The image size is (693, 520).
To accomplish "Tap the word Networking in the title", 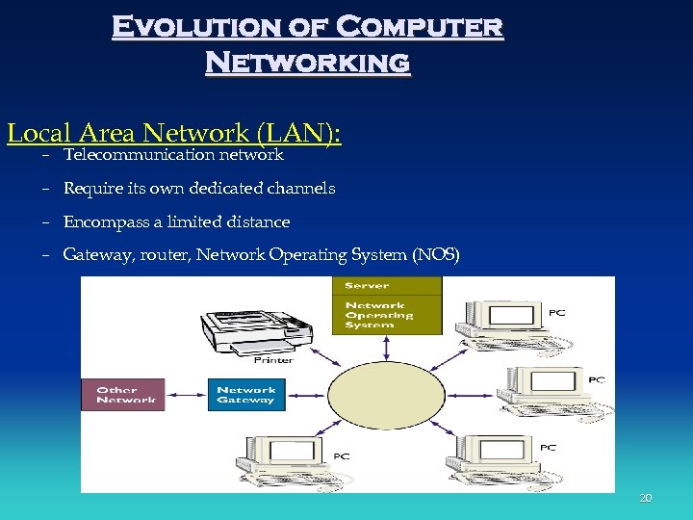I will (307, 63).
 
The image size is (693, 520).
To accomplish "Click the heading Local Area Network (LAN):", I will (173, 133).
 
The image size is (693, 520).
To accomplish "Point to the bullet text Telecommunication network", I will (173, 155).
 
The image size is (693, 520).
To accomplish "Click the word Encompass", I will (100, 222).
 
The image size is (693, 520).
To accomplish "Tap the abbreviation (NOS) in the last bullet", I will (436, 256).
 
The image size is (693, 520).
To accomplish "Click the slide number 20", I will (646, 498).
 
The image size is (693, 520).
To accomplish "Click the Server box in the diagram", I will (387, 286).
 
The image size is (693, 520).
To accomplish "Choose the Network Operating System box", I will (387, 315).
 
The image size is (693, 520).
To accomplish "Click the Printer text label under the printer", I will (272, 361).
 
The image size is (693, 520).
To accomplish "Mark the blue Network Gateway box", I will (246, 395).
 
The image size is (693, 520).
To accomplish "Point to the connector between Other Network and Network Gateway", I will (186, 395).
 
